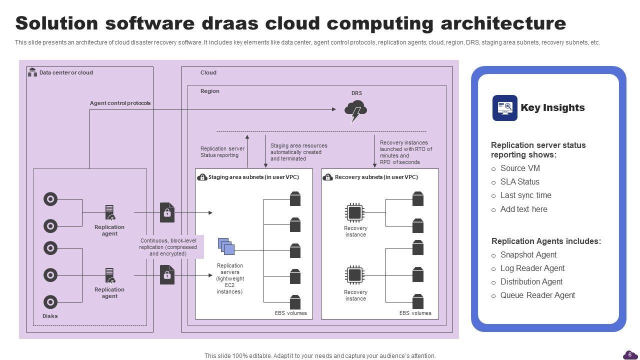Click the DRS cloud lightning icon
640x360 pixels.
point(355,111)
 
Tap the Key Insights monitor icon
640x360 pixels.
point(504,108)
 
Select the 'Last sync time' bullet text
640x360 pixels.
point(525,195)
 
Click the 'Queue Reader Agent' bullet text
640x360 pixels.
point(537,295)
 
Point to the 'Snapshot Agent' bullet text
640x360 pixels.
point(528,255)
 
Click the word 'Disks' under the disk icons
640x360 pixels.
point(50,316)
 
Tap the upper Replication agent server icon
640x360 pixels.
point(110,212)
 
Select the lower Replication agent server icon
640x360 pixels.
point(110,275)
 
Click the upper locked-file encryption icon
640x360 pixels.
point(167,212)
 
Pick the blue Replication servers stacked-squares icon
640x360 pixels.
point(226,246)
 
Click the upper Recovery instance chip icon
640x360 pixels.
point(354,213)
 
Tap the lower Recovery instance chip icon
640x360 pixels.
point(354,275)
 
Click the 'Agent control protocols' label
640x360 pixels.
point(120,103)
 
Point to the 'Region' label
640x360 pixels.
point(210,91)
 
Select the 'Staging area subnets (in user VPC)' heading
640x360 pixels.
point(253,177)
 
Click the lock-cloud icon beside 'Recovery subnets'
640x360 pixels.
point(327,177)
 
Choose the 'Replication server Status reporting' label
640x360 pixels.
point(222,152)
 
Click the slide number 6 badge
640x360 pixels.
point(629,354)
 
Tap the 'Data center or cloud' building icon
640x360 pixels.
point(32,72)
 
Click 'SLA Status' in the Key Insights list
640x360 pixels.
point(519,182)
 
